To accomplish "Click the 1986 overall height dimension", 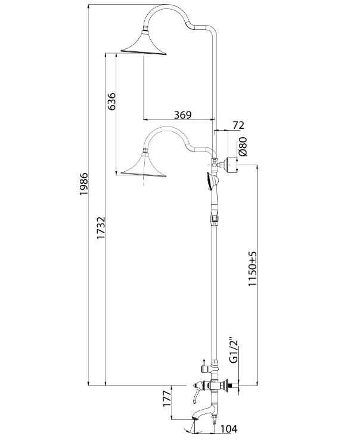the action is [x=84, y=184].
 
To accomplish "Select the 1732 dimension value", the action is [x=101, y=228].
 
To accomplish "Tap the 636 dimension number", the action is [x=111, y=101].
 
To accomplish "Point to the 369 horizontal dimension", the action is [x=182, y=115].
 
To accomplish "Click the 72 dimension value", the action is [x=238, y=125].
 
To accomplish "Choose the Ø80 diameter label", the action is [x=243, y=146].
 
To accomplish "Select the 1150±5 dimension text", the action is [x=253, y=269].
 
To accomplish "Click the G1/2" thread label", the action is [x=234, y=350].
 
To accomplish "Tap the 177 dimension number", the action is [x=167, y=398].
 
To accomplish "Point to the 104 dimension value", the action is [x=228, y=429].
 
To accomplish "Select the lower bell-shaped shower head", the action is [x=144, y=165].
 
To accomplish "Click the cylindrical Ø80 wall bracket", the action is [x=229, y=165].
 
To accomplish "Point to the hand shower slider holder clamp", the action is [x=215, y=219].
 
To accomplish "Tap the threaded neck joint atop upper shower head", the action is [x=145, y=28].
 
